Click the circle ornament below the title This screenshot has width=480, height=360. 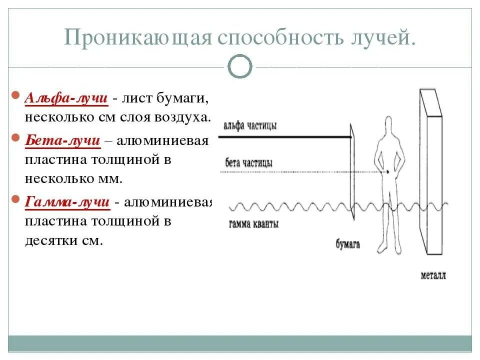[x=240, y=66]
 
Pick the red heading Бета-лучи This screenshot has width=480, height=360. [x=62, y=141]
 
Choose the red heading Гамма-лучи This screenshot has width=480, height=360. [x=67, y=202]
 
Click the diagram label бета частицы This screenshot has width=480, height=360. [x=248, y=163]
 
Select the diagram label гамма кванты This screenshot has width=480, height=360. [x=254, y=224]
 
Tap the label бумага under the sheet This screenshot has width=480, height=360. [x=348, y=244]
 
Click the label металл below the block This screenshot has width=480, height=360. [x=433, y=275]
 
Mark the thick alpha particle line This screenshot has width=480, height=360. [x=285, y=136]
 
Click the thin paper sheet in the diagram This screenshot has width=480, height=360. [x=352, y=170]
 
